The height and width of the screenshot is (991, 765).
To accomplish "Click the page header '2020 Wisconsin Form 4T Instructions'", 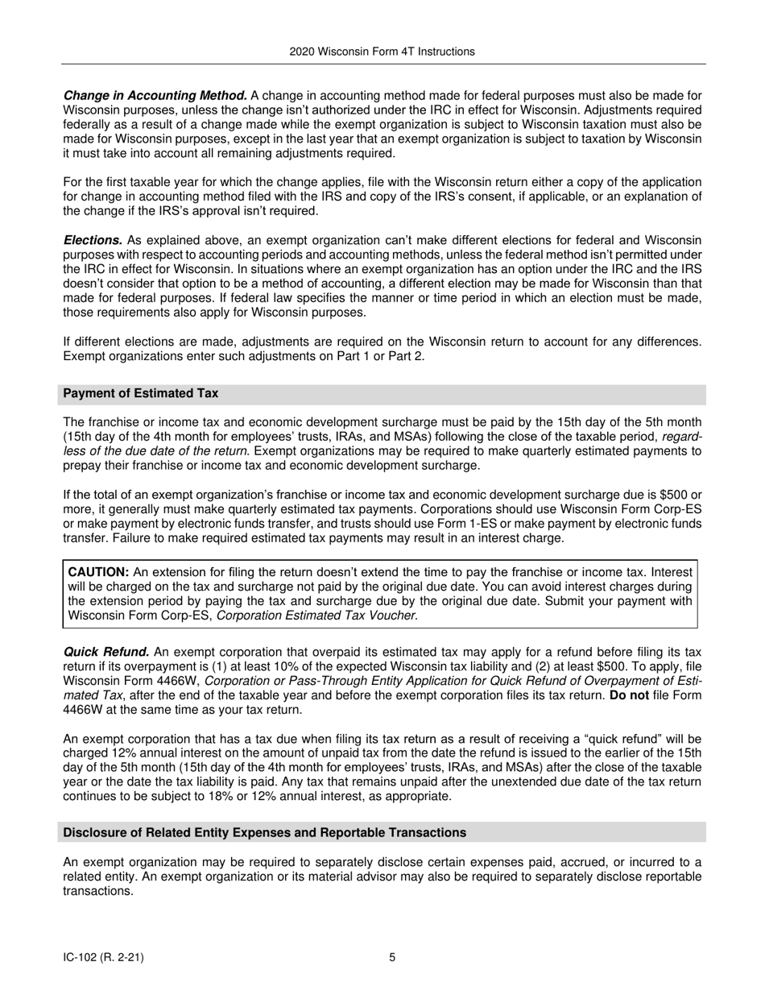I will tap(382, 52).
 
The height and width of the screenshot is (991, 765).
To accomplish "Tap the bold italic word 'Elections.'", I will tap(93, 241).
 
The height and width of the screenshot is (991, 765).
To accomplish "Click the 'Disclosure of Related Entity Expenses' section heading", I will tap(264, 832).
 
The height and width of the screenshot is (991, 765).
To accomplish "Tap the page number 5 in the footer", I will tap(392, 958).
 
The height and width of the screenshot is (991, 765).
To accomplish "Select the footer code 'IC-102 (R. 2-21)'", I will tap(104, 958).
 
